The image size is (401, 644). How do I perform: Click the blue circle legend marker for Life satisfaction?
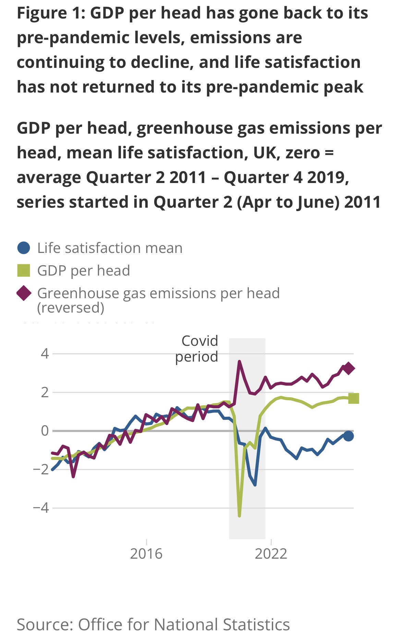[24, 248]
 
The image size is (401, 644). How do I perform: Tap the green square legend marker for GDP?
[24, 270]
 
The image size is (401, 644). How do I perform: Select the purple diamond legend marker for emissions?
[24, 293]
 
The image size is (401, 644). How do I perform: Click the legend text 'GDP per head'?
[84, 270]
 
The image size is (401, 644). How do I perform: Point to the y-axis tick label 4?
[45, 353]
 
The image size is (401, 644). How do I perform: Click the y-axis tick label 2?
[45, 392]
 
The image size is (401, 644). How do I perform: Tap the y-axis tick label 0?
[45, 430]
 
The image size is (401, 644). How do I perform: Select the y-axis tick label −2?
[41, 469]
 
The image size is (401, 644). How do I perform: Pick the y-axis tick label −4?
[41, 508]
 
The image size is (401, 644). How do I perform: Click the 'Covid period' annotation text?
[197, 349]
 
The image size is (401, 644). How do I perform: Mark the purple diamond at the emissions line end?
[349, 368]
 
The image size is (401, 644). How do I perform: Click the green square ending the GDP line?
[353, 398]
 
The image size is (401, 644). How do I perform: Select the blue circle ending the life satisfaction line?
[349, 436]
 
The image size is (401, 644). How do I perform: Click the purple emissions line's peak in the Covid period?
[240, 361]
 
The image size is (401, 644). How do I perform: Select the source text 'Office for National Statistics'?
[184, 624]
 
